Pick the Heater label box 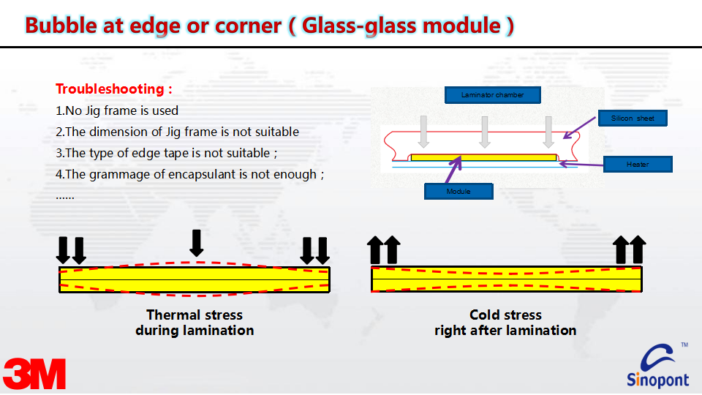(x=637, y=165)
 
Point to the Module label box (x=458, y=192)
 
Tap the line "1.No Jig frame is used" (x=117, y=111)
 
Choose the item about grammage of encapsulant (x=189, y=175)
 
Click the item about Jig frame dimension (x=177, y=132)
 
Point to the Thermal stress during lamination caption (x=195, y=323)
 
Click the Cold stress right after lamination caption (x=505, y=323)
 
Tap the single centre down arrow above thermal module (x=196, y=242)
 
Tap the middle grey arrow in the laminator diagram (x=484, y=131)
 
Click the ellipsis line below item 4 (x=65, y=196)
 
